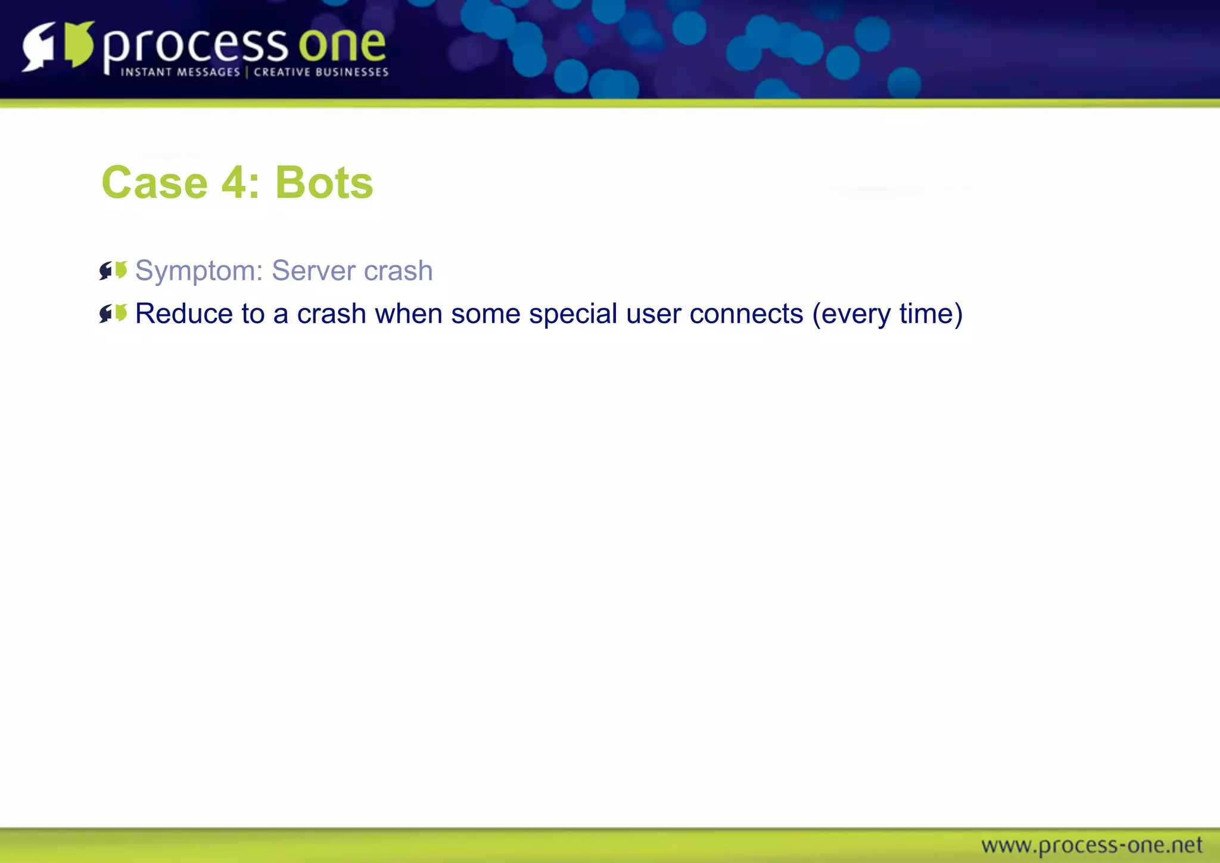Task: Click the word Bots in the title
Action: (x=323, y=182)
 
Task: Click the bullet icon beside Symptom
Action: (x=113, y=271)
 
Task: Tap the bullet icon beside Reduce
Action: (x=113, y=313)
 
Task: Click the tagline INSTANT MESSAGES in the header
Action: (x=180, y=72)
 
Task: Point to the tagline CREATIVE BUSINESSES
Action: (x=321, y=72)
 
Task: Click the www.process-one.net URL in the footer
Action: (x=1091, y=845)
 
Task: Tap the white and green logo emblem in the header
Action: (x=58, y=45)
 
